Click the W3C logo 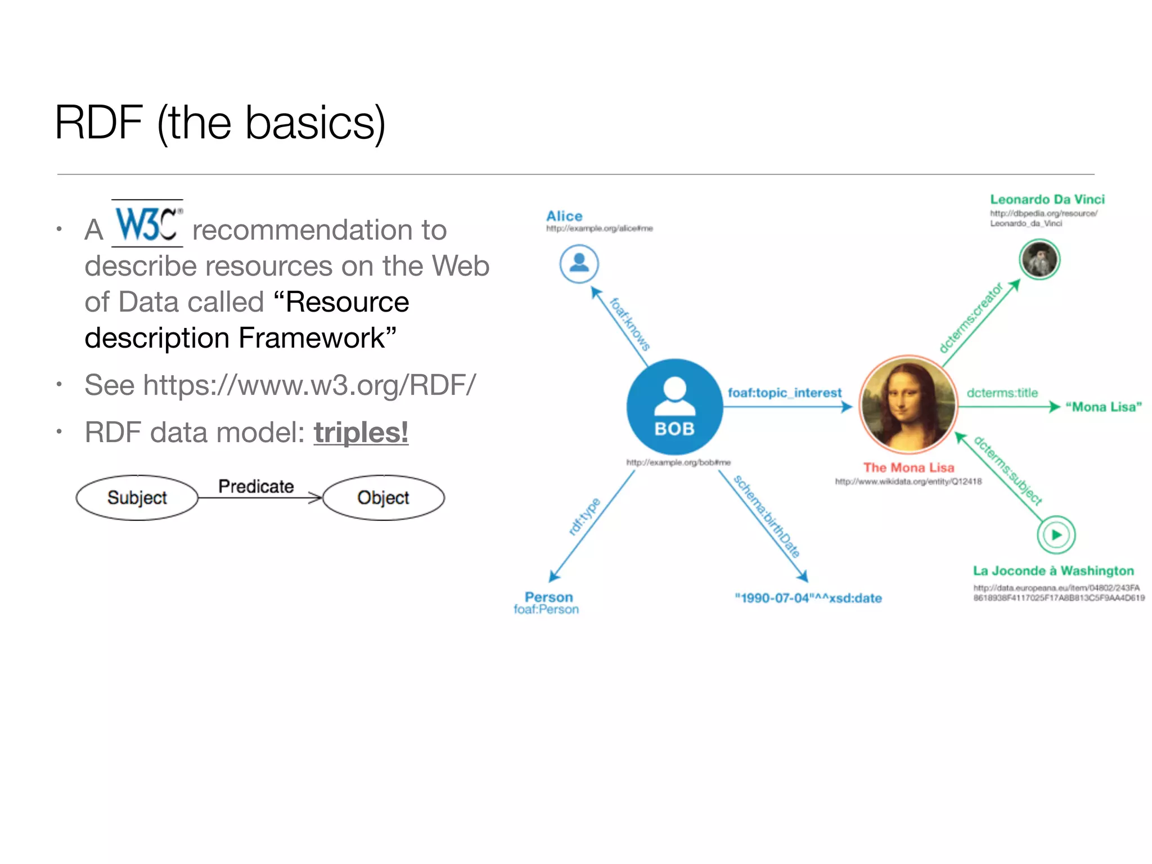click(x=147, y=224)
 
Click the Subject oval click(x=137, y=498)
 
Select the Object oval click(x=384, y=498)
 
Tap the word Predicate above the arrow click(x=256, y=487)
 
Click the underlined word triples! click(x=361, y=433)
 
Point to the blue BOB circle click(x=674, y=407)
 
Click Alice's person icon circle click(x=579, y=263)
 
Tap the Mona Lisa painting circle click(x=908, y=404)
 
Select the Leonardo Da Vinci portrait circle click(x=1039, y=259)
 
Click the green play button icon click(x=1056, y=535)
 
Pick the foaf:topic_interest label click(x=785, y=393)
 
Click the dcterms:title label click(x=1002, y=393)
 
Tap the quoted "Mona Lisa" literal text click(x=1104, y=407)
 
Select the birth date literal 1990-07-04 click(x=808, y=598)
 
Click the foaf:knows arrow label click(x=630, y=324)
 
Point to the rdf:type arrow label click(x=584, y=516)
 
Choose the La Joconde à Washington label click(x=1053, y=571)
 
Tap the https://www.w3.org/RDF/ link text click(x=309, y=385)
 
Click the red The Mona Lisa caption click(x=908, y=467)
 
